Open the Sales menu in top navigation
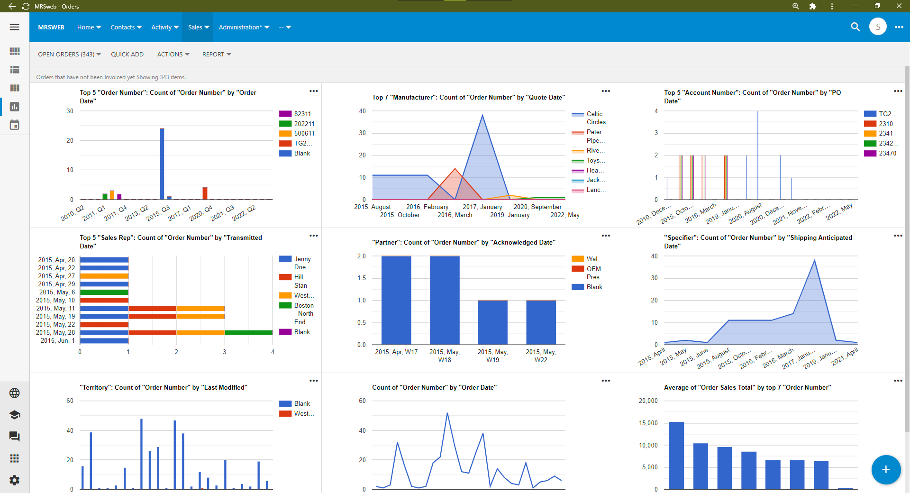[x=198, y=27]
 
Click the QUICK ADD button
[x=127, y=55]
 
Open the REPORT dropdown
[x=216, y=55]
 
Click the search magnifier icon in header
[x=855, y=27]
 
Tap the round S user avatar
[x=878, y=27]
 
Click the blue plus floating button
[x=885, y=469]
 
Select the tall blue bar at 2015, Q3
[x=162, y=164]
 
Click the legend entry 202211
[x=304, y=124]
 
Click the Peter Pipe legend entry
[x=593, y=136]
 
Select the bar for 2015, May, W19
[x=492, y=322]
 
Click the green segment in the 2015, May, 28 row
[x=248, y=333]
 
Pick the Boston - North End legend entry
[x=303, y=313]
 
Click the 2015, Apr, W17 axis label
[x=396, y=352]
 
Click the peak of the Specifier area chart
[x=815, y=260]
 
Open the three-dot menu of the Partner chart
[x=606, y=236]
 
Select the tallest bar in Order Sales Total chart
[x=676, y=455]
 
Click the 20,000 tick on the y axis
[x=648, y=401]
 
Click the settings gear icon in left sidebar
[x=15, y=480]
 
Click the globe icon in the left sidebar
[x=15, y=393]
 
